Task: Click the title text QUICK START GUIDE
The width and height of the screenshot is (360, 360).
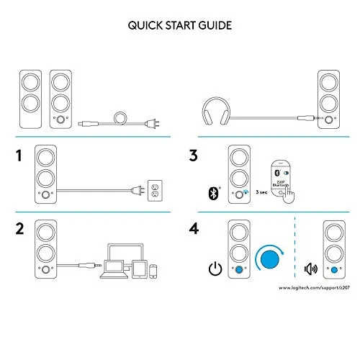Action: (180, 27)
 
